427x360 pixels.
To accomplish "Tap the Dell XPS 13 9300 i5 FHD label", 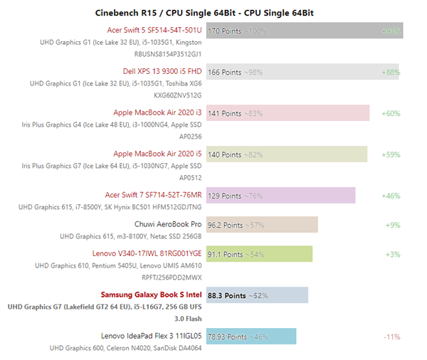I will [163, 71].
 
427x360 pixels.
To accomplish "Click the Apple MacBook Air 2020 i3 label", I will [157, 112].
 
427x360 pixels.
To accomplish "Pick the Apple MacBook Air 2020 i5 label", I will [157, 154].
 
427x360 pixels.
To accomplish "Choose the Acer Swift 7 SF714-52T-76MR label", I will [153, 194].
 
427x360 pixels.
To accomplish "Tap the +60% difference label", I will [391, 113].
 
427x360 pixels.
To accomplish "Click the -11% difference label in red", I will [391, 336].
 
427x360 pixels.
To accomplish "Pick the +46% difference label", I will [391, 195].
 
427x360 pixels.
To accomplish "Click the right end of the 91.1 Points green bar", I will [310, 254].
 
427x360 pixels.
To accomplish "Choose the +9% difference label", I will [393, 225].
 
